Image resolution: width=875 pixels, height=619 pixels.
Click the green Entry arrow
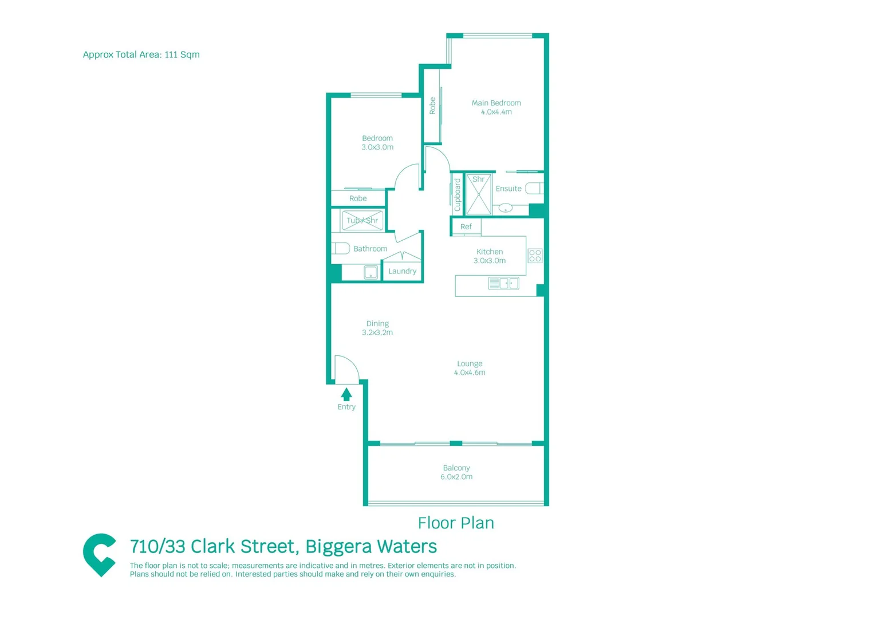pos(346,394)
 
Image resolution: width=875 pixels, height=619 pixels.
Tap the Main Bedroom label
pos(496,107)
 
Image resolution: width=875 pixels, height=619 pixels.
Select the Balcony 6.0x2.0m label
pos(456,472)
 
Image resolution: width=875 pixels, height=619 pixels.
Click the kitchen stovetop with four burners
pos(535,256)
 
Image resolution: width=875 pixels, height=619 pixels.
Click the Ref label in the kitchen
pos(466,227)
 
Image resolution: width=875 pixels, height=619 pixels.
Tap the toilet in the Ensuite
pos(533,189)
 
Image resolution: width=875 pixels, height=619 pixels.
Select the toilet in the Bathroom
pos(341,248)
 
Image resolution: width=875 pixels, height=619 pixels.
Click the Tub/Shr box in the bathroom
pos(362,221)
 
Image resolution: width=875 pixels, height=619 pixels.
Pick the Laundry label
pos(402,271)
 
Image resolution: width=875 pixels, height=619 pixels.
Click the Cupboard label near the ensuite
pos(458,195)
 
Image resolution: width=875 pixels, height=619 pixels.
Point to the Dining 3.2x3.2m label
pos(377,328)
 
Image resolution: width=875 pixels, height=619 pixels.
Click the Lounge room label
pos(470,368)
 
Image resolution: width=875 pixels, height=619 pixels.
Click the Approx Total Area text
pos(141,54)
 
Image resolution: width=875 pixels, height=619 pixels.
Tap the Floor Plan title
pos(456,523)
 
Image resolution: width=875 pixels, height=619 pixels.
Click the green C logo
pos(100,554)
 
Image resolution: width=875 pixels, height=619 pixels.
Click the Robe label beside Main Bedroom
pos(432,106)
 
